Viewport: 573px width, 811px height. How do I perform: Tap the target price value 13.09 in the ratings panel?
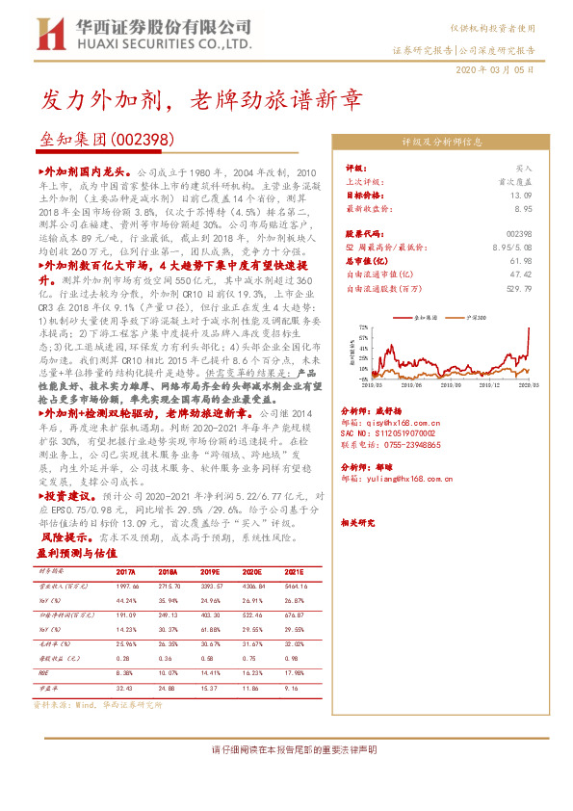pos(521,195)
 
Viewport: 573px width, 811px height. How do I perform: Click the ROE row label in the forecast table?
pos(43,674)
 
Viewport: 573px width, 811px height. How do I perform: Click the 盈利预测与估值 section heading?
pos(76,554)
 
